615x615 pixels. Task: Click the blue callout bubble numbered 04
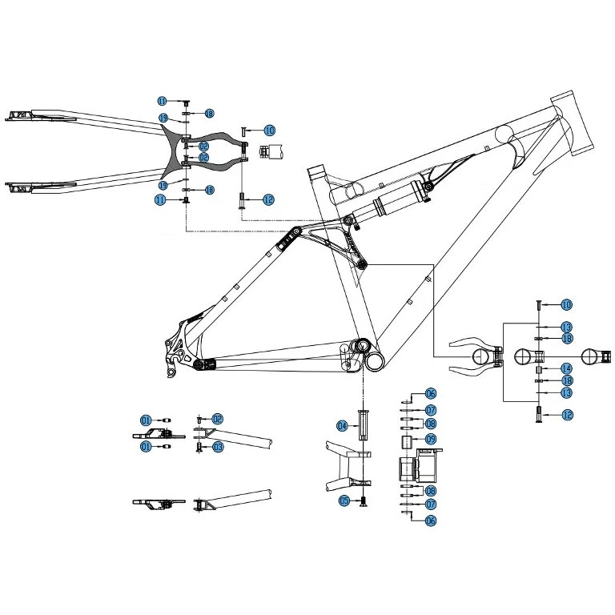click(x=342, y=425)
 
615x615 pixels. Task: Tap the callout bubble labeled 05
click(x=344, y=500)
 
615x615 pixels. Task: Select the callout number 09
click(x=430, y=440)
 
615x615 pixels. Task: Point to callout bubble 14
click(x=566, y=368)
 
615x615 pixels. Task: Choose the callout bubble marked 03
click(x=217, y=447)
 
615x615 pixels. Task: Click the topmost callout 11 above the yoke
click(x=162, y=102)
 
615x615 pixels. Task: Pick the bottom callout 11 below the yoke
click(x=160, y=200)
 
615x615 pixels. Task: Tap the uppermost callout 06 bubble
click(x=430, y=393)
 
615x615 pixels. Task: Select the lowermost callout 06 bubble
click(x=430, y=521)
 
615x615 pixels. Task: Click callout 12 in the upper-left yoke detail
click(x=268, y=200)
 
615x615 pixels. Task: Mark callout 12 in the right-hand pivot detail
click(x=566, y=415)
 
